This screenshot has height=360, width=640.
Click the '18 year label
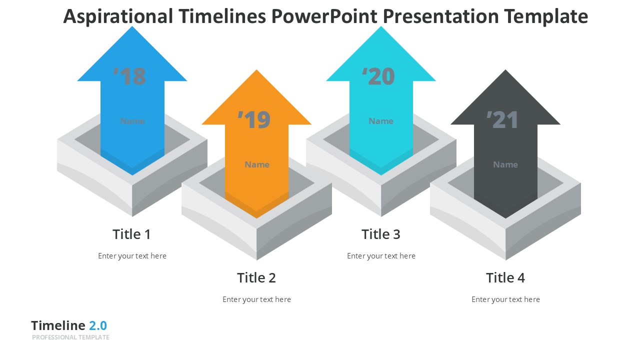pyautogui.click(x=130, y=76)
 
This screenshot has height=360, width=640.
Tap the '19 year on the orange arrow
pyautogui.click(x=254, y=120)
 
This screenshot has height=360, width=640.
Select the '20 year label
pyautogui.click(x=378, y=76)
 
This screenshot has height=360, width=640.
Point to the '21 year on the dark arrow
pyautogui.click(x=503, y=120)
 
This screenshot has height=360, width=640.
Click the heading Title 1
pyautogui.click(x=131, y=234)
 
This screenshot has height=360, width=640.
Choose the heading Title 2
pyautogui.click(x=256, y=277)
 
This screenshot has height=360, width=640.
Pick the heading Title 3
pyautogui.click(x=380, y=234)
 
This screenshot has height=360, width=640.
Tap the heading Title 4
pyautogui.click(x=505, y=277)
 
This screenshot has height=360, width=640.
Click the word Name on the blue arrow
pyautogui.click(x=132, y=121)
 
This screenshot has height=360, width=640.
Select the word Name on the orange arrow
pyautogui.click(x=257, y=164)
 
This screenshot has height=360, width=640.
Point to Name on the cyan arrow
pyautogui.click(x=381, y=121)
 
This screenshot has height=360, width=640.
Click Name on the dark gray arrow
pyautogui.click(x=505, y=164)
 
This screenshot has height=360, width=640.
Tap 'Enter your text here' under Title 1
pyautogui.click(x=132, y=256)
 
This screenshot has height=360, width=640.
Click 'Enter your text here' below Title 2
pyautogui.click(x=256, y=299)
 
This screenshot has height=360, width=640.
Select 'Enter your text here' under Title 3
pyautogui.click(x=381, y=256)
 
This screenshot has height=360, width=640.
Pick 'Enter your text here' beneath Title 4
pyautogui.click(x=505, y=299)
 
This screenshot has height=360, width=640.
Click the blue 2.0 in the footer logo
pyautogui.click(x=98, y=325)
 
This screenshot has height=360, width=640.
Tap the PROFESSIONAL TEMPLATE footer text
pyautogui.click(x=70, y=337)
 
